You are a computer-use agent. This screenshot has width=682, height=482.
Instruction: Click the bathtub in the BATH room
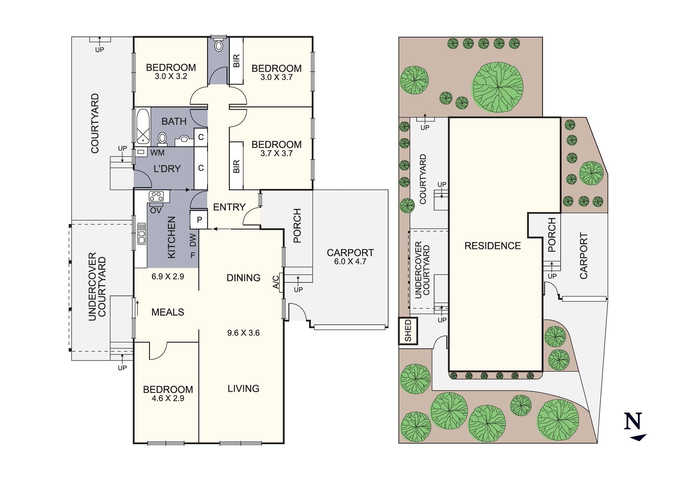143,126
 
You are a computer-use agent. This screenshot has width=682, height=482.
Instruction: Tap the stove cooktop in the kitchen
156,196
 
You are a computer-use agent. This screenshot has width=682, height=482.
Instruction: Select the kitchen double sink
142,234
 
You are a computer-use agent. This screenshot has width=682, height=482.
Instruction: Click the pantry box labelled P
199,220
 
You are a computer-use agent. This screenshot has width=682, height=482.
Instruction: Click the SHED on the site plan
408,331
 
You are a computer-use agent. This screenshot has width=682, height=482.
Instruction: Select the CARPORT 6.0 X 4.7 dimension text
350,262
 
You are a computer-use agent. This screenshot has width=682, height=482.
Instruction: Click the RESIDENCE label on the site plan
492,246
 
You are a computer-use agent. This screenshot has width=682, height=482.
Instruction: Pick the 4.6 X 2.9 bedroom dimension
168,398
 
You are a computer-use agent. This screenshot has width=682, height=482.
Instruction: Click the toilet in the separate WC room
218,45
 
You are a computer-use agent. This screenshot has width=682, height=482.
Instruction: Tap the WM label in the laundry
157,153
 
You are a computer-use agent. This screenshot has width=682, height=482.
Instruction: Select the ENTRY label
229,207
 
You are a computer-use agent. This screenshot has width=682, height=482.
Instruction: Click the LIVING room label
243,389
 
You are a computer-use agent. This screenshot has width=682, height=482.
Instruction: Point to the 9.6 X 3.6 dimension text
243,333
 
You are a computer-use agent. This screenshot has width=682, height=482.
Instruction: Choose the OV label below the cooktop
156,210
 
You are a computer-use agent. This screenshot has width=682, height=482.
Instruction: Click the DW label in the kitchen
193,240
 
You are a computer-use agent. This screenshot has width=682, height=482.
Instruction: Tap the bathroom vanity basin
184,140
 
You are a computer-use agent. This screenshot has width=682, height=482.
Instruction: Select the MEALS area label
168,312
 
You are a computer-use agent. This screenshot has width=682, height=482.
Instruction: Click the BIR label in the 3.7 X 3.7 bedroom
236,166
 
